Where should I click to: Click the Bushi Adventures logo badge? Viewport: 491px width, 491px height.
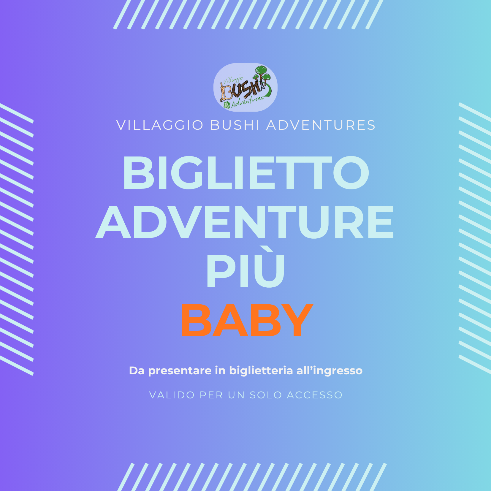point(245,87)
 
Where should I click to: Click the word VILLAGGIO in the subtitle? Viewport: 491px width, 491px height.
point(160,125)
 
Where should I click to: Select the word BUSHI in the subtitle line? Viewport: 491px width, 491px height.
point(235,125)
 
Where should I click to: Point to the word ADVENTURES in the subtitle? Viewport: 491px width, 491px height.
point(321,125)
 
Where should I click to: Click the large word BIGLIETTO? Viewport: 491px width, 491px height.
point(246,173)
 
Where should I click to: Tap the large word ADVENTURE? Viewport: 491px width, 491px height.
point(245,222)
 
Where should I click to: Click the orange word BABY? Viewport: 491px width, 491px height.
point(247,320)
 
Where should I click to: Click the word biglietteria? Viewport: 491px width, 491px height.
point(261,371)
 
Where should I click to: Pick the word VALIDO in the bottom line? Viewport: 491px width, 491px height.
point(172,395)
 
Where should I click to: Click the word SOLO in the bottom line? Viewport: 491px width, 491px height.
point(266,395)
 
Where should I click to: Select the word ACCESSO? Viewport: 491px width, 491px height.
point(315,395)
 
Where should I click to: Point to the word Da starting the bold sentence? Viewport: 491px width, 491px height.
point(137,371)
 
